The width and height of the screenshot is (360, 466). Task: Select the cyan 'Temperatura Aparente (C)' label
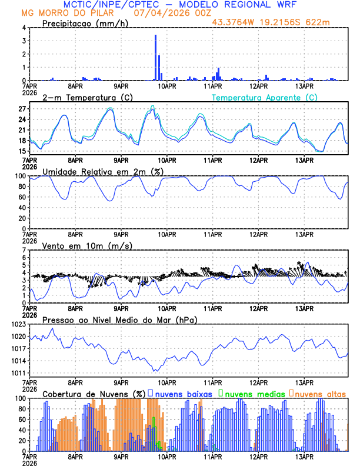pyautogui.click(x=265, y=97)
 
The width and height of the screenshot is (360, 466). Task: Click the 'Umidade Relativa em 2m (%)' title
pyautogui.click(x=102, y=171)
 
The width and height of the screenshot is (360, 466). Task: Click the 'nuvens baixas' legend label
pyautogui.click(x=183, y=393)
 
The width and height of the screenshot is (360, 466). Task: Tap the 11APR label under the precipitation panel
pyautogui.click(x=213, y=86)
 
